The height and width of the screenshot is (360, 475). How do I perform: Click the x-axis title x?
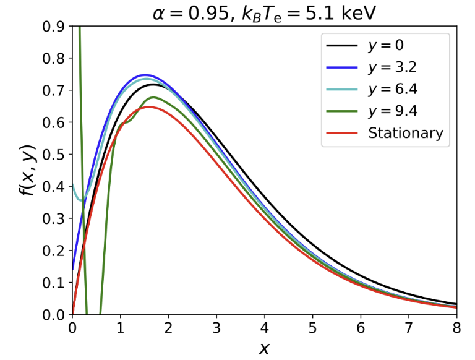tap(265, 348)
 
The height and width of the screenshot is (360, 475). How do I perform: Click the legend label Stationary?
tap(406, 133)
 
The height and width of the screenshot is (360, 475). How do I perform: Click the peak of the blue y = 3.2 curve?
tap(145, 75)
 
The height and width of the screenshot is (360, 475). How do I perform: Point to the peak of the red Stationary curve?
tap(148, 107)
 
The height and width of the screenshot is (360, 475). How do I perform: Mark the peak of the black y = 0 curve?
tap(154, 84)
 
